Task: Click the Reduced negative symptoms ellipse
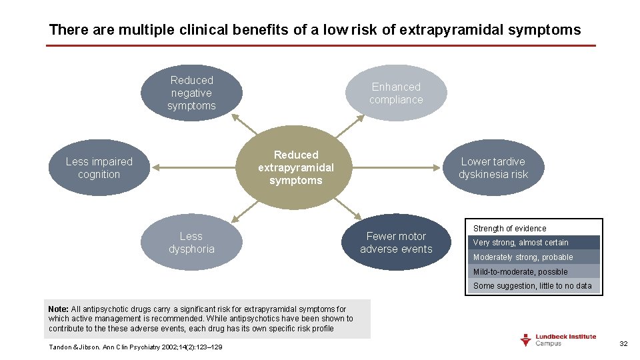191,93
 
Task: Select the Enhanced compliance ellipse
397,93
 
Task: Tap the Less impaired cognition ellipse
99,168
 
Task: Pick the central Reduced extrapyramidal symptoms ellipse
296,167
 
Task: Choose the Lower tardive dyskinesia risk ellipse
493,168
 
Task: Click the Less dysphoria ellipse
191,243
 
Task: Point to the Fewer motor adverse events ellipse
396,243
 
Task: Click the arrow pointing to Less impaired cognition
193,168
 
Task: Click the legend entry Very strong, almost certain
533,243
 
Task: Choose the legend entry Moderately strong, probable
533,257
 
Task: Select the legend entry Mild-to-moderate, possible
533,272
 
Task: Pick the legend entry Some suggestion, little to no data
533,286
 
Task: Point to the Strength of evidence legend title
509,229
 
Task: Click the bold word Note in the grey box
59,309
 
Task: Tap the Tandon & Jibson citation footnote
136,347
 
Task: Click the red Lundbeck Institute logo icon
526,340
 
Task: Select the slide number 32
623,343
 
